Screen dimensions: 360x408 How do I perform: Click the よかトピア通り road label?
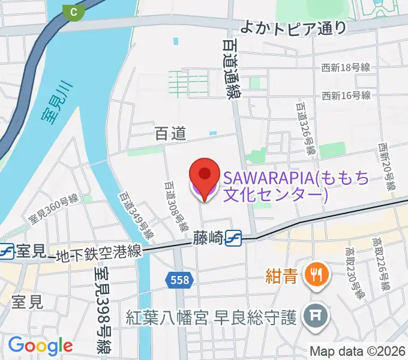[293, 27]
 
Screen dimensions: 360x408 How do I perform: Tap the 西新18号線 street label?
[346, 68]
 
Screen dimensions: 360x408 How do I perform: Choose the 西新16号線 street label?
[346, 95]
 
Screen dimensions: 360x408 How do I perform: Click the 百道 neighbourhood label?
[170, 134]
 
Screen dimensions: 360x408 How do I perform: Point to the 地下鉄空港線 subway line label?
[99, 254]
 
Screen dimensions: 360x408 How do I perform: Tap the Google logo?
[40, 346]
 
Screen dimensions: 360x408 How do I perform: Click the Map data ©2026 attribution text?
[358, 352]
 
